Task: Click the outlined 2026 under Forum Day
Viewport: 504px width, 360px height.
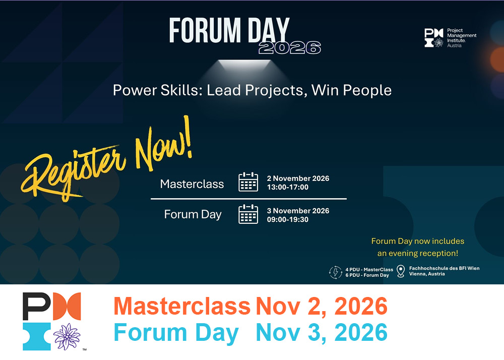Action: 290,48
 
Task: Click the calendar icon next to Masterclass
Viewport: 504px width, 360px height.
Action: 248,182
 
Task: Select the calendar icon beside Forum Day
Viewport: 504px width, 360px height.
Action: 248,214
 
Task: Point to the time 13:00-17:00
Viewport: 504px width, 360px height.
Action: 288,188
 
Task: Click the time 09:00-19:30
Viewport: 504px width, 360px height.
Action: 288,219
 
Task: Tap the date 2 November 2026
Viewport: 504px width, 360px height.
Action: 298,178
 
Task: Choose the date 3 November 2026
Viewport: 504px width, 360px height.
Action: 298,211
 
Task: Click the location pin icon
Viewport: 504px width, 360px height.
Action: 401,271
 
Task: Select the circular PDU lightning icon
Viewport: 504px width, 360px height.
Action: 336,272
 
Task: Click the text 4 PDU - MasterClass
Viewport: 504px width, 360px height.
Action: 369,270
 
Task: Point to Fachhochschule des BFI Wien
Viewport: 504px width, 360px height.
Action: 444,268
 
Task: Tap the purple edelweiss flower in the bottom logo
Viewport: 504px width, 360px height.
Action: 67,336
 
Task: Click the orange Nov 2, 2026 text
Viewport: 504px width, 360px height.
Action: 322,306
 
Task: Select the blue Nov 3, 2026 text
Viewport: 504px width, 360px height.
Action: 322,332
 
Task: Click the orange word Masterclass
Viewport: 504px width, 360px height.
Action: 182,306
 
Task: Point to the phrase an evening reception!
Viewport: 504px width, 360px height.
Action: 417,253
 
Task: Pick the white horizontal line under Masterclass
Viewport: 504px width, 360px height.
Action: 248,199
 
